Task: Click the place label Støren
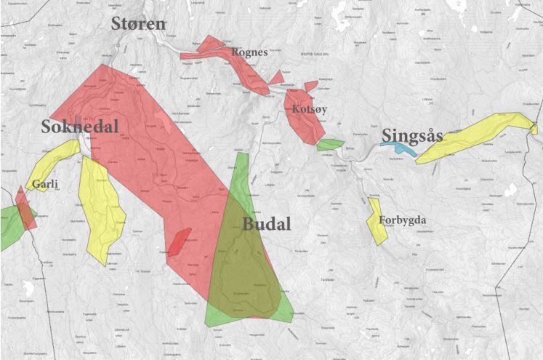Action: pyautogui.click(x=138, y=24)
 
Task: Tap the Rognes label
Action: pyautogui.click(x=249, y=52)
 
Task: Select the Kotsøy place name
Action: pyautogui.click(x=309, y=109)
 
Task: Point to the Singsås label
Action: pyautogui.click(x=411, y=135)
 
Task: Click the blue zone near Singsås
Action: pyautogui.click(x=401, y=148)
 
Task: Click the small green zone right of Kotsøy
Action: pyautogui.click(x=329, y=144)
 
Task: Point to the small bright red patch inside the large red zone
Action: pyautogui.click(x=180, y=240)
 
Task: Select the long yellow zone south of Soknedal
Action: pyautogui.click(x=101, y=211)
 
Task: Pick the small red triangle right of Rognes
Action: pyautogui.click(x=277, y=77)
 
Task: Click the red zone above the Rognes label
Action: pyautogui.click(x=211, y=47)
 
